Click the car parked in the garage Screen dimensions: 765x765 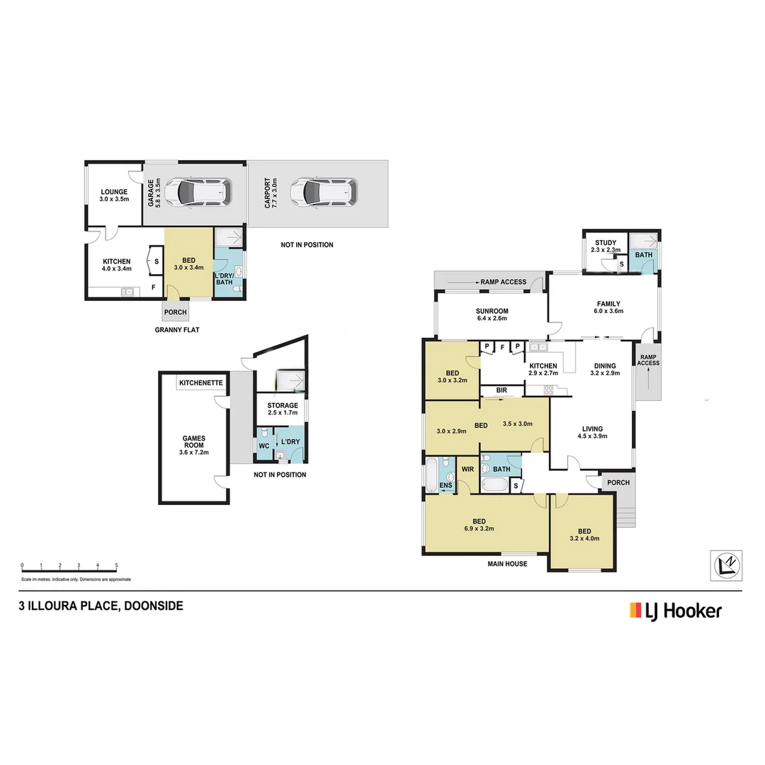[203, 191]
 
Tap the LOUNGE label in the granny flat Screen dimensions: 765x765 [114, 192]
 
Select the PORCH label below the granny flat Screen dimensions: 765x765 [175, 312]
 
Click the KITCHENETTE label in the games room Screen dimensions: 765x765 [201, 383]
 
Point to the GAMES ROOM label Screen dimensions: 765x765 [193, 441]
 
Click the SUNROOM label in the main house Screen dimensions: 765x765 [491, 311]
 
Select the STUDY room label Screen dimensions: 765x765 [606, 243]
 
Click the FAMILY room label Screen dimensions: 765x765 [608, 303]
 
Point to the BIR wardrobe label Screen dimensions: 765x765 [501, 390]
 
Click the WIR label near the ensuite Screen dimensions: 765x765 [467, 469]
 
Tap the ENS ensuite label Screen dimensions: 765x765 [446, 485]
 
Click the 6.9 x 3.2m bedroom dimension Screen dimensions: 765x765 [479, 528]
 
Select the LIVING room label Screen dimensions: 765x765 [592, 429]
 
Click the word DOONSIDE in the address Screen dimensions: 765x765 [154, 606]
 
